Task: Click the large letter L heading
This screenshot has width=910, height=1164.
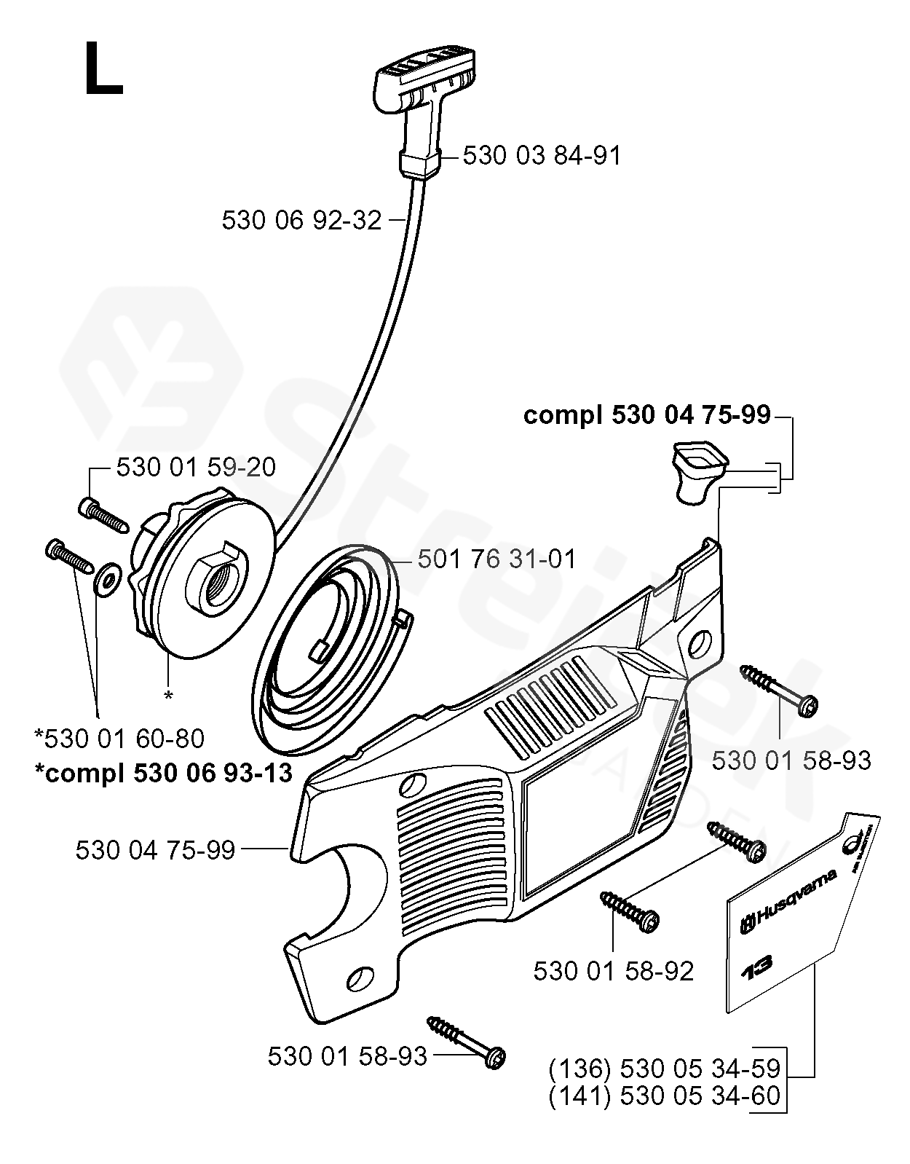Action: (103, 69)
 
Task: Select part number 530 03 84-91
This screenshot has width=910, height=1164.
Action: (542, 155)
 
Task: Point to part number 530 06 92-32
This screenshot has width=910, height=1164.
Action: (301, 219)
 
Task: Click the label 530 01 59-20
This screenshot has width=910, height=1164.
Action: (196, 467)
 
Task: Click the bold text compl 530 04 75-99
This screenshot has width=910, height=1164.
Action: (646, 415)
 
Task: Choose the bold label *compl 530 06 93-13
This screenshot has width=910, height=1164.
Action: (163, 772)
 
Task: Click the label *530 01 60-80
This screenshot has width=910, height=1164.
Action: (119, 739)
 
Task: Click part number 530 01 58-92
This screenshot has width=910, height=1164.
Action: (613, 971)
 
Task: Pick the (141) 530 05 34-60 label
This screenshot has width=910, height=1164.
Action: (664, 1095)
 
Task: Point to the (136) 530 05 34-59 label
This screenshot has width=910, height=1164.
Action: (664, 1069)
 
